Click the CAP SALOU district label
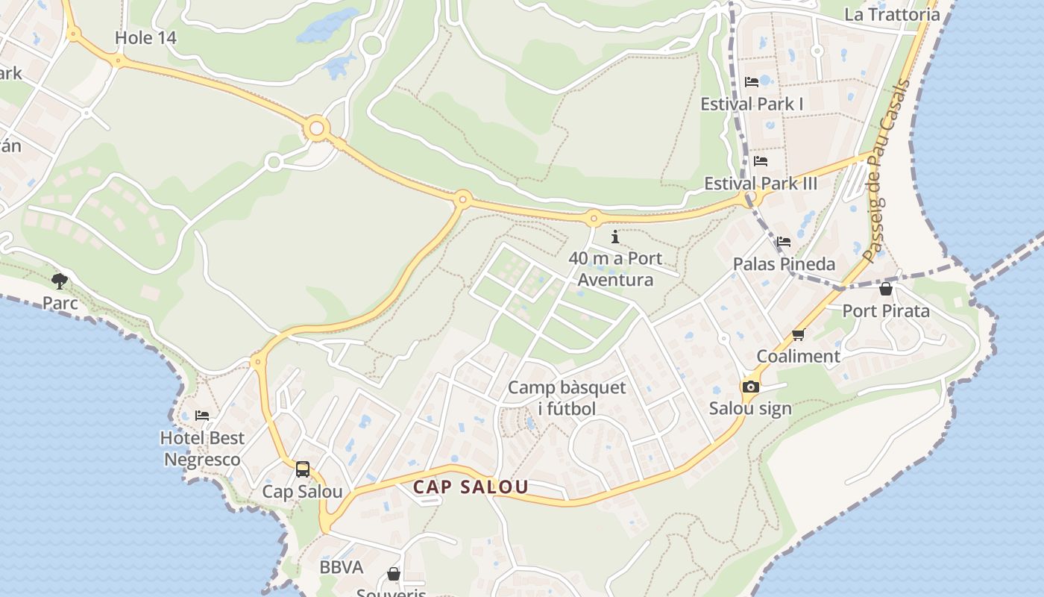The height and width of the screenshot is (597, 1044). click(x=471, y=487)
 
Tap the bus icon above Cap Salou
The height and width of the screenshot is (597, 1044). click(x=303, y=469)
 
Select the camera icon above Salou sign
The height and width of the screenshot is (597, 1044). click(x=750, y=387)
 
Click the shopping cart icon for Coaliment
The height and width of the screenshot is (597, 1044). click(x=799, y=334)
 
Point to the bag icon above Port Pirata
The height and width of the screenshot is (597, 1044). click(x=886, y=289)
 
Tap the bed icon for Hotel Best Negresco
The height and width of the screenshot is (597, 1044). click(x=202, y=416)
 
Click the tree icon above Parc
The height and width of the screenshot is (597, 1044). click(x=60, y=281)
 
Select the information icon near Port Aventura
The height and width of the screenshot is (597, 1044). click(x=615, y=237)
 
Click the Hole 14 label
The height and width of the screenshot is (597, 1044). click(x=145, y=38)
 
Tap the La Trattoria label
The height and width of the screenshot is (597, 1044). click(x=892, y=14)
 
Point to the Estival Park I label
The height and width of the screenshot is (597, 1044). click(x=752, y=104)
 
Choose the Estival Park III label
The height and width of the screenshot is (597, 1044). click(x=761, y=184)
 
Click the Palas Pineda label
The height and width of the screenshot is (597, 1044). click(x=784, y=264)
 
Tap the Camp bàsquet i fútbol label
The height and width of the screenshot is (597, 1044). click(x=567, y=398)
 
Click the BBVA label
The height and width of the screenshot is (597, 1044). click(x=342, y=567)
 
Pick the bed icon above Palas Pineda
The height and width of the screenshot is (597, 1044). click(x=784, y=242)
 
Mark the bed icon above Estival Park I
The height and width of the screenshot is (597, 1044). click(x=752, y=81)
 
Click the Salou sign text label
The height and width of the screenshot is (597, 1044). click(x=750, y=409)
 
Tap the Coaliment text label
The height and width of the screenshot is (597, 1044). click(x=799, y=356)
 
